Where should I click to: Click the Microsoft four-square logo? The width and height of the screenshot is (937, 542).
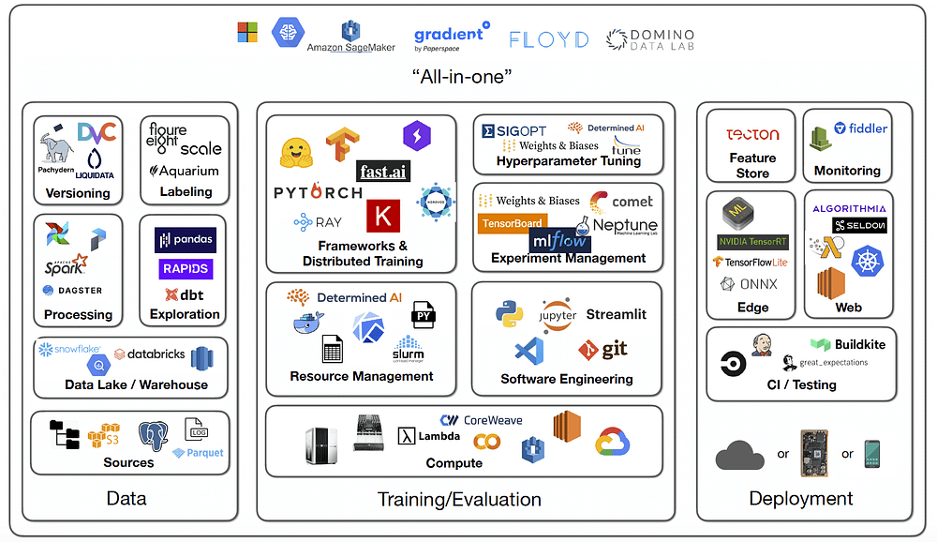(247, 33)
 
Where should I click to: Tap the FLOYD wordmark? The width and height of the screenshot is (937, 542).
(549, 39)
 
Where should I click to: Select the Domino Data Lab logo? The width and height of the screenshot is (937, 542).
(649, 39)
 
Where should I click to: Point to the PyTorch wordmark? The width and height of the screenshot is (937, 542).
(318, 192)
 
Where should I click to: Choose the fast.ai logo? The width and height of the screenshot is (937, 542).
(383, 171)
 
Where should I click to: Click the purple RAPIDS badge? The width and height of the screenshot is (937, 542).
(186, 269)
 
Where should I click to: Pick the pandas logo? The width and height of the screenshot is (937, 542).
(186, 240)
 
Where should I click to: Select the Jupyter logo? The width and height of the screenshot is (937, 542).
(558, 315)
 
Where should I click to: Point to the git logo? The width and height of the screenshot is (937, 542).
(602, 351)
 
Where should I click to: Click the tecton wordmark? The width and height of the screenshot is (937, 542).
(752, 134)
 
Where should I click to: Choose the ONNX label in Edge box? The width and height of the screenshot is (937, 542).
(749, 283)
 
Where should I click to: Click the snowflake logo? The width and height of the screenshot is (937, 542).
(70, 350)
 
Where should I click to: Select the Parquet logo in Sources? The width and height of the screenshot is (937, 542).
(199, 453)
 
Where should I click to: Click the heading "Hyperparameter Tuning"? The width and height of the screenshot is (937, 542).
(569, 160)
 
